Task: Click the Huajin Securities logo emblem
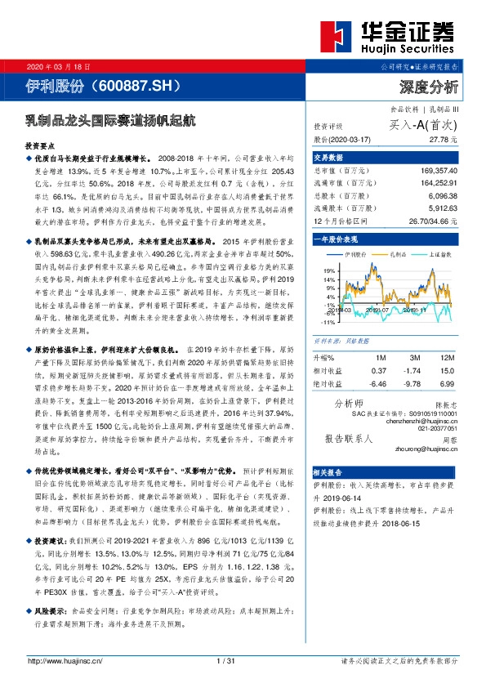click(337, 38)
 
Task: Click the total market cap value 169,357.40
click(433, 172)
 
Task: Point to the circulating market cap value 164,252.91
click(433, 184)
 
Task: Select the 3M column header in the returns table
click(415, 359)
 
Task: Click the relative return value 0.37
click(378, 370)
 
